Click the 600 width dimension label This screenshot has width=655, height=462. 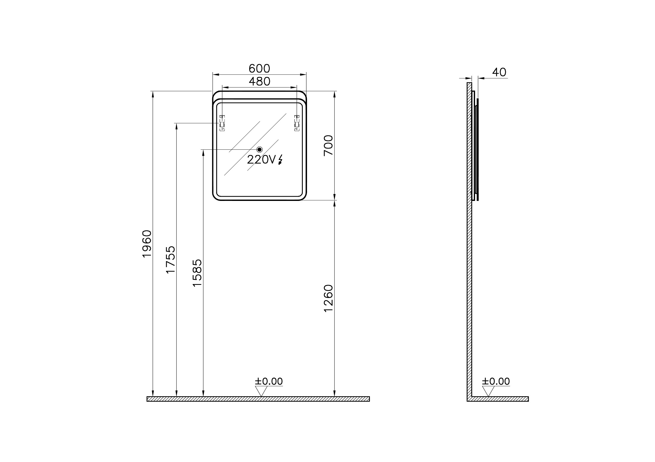pyautogui.click(x=259, y=69)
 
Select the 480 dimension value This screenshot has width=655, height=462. pyautogui.click(x=259, y=82)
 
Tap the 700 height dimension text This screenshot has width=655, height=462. pyautogui.click(x=329, y=145)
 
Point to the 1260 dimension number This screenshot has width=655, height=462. pyautogui.click(x=329, y=298)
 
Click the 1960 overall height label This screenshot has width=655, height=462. pyautogui.click(x=147, y=244)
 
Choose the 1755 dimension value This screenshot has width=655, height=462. pyautogui.click(x=171, y=260)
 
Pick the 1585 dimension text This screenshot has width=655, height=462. pyautogui.click(x=197, y=273)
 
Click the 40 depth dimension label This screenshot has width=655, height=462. pyautogui.click(x=499, y=72)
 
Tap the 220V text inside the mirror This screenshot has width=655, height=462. pyautogui.click(x=261, y=160)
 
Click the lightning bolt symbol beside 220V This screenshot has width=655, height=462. pyautogui.click(x=280, y=160)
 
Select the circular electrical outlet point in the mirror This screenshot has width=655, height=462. pyautogui.click(x=259, y=150)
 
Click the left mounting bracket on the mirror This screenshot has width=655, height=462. pyautogui.click(x=222, y=123)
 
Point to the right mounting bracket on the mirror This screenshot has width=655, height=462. pyautogui.click(x=297, y=123)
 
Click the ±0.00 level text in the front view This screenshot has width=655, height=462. pyautogui.click(x=269, y=381)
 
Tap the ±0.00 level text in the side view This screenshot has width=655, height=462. pyautogui.click(x=496, y=381)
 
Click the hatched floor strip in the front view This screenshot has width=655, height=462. pyautogui.click(x=258, y=399)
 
